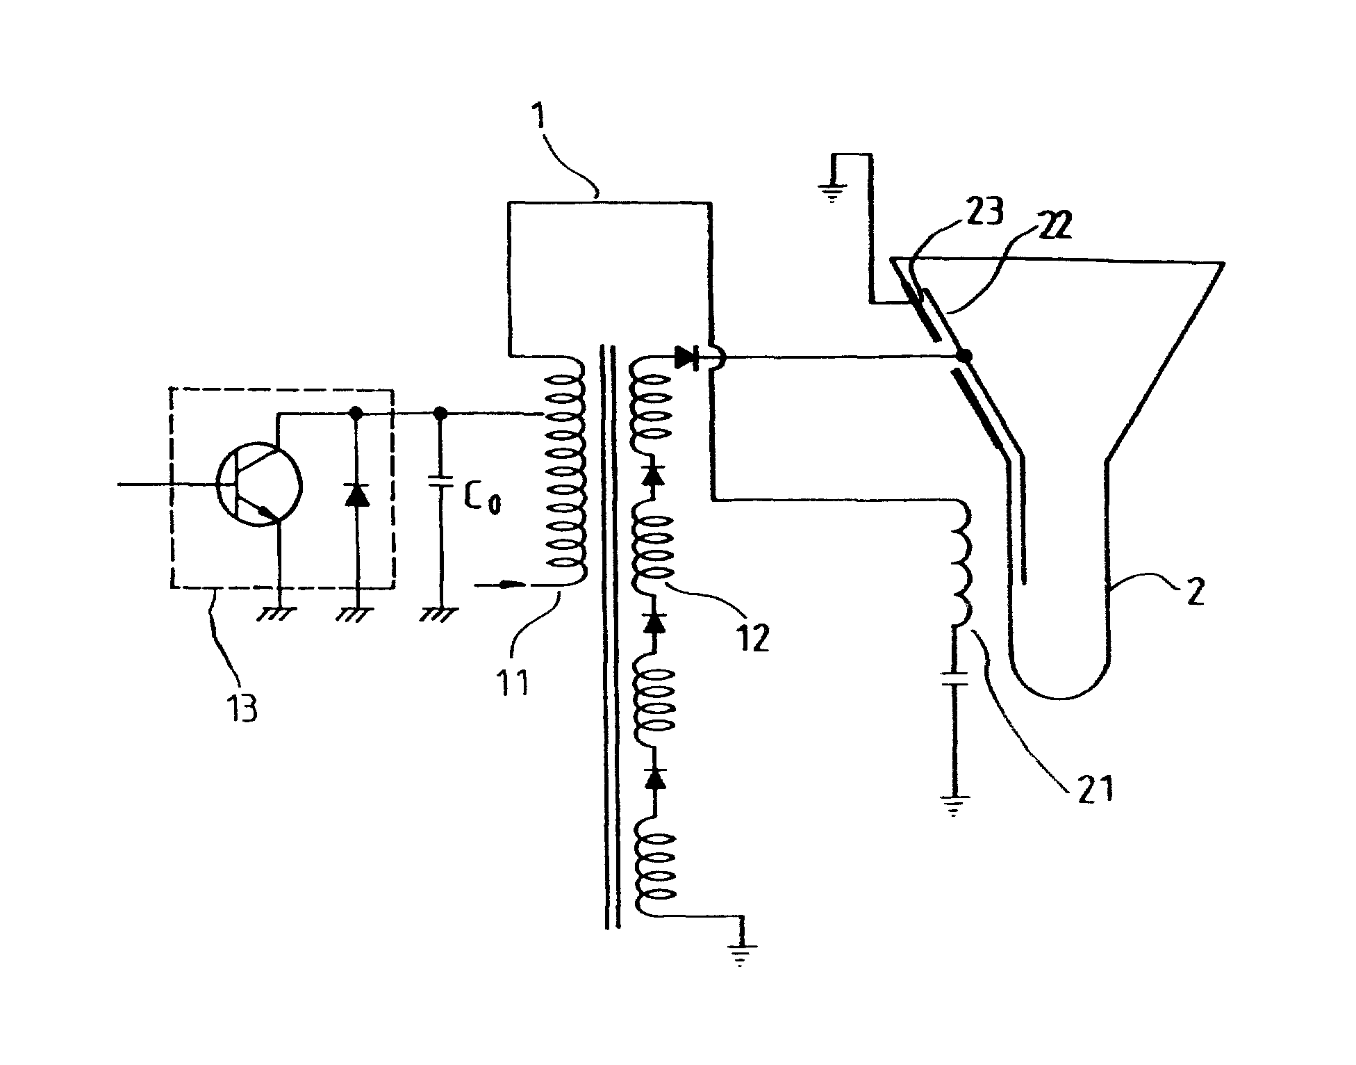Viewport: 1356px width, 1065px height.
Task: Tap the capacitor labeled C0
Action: pyautogui.click(x=440, y=480)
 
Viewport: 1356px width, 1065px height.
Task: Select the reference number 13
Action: pyautogui.click(x=242, y=707)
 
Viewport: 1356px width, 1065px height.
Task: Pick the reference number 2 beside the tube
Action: pyautogui.click(x=1194, y=592)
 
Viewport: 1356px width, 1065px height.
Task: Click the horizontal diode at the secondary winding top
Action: pyautogui.click(x=687, y=358)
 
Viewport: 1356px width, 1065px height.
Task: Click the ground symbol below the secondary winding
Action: pyautogui.click(x=741, y=956)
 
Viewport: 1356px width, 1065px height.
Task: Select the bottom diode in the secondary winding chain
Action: pyautogui.click(x=653, y=779)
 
